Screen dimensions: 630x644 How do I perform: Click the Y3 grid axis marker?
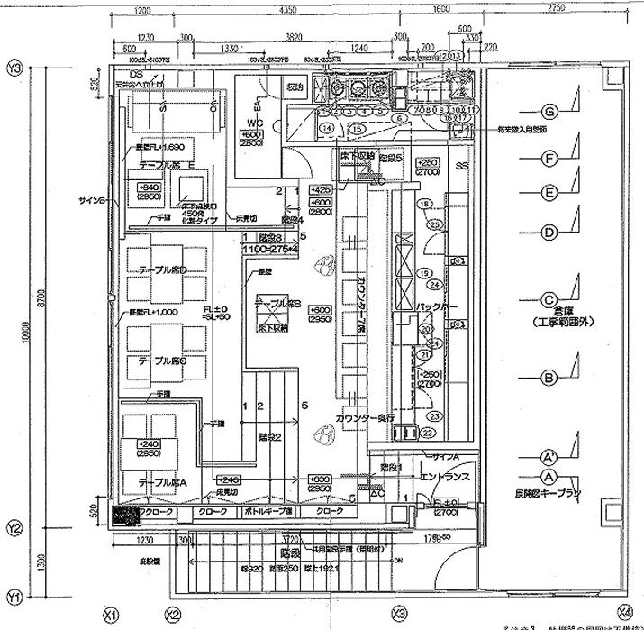[x=14, y=68]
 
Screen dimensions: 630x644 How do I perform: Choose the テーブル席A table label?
[x=162, y=483]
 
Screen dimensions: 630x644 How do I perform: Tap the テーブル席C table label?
[x=162, y=361]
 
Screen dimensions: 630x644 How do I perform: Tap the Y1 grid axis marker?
[x=14, y=598]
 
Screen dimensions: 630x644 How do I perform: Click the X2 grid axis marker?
[x=173, y=616]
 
